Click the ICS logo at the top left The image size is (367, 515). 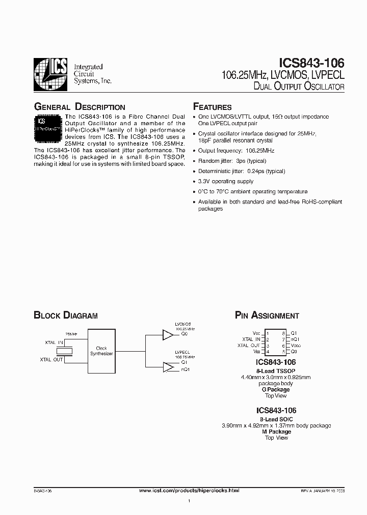tap(50, 74)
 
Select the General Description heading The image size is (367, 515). tap(79, 107)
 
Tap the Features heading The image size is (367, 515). tap(212, 107)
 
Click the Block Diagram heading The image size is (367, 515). tap(65, 316)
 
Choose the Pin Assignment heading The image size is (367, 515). tap(267, 316)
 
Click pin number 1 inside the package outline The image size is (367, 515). tap(267, 333)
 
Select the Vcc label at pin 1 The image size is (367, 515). tap(256, 333)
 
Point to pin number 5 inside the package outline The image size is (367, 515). tap(283, 352)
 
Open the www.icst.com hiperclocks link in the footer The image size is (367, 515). tap(189, 490)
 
